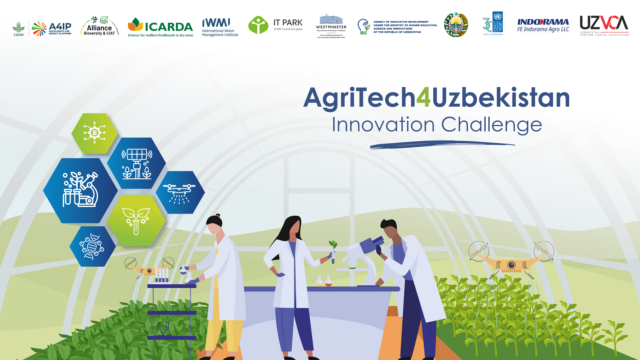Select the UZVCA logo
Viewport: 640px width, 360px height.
[x=601, y=25]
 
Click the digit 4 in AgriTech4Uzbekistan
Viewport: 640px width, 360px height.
[x=410, y=98]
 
